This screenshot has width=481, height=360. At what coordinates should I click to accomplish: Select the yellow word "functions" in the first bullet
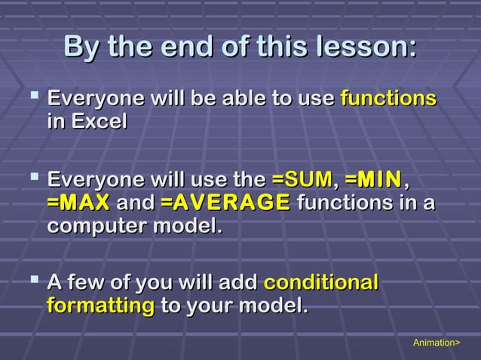pyautogui.click(x=388, y=99)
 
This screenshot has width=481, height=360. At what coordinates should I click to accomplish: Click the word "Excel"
pyautogui.click(x=99, y=121)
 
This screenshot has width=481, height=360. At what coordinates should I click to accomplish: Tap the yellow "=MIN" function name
pyautogui.click(x=374, y=181)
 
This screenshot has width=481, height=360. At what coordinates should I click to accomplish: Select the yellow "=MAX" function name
pyautogui.click(x=78, y=203)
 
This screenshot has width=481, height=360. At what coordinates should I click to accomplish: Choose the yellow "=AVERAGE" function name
pyautogui.click(x=225, y=203)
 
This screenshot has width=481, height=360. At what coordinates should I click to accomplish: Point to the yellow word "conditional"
pyautogui.click(x=321, y=283)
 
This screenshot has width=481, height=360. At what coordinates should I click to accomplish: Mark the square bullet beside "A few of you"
pyautogui.click(x=31, y=282)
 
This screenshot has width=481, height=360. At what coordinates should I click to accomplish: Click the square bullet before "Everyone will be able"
pyautogui.click(x=31, y=97)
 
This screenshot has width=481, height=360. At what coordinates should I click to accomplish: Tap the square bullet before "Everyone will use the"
pyautogui.click(x=31, y=179)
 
